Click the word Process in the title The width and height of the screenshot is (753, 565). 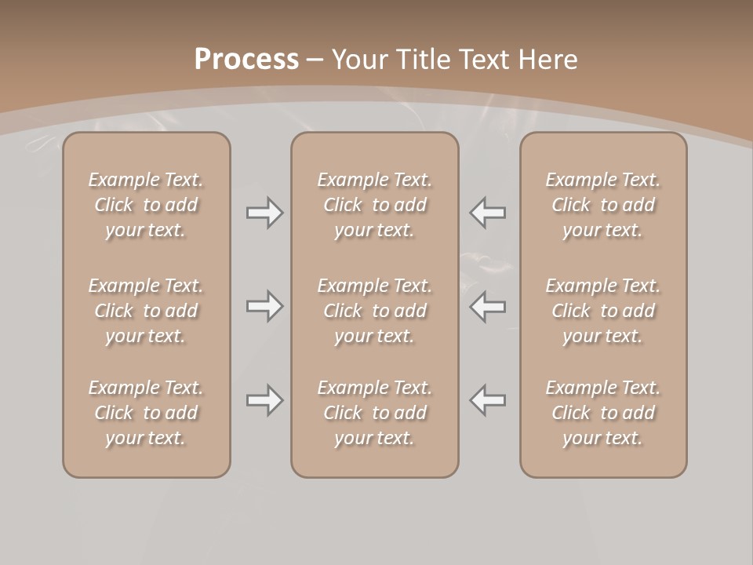[x=246, y=60]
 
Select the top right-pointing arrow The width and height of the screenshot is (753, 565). [x=264, y=213]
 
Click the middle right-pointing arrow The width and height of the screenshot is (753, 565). [x=264, y=306]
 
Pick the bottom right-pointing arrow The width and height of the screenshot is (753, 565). [x=264, y=400]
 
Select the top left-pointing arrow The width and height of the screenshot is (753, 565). [x=488, y=213]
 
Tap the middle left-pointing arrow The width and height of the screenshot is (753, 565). [x=488, y=306]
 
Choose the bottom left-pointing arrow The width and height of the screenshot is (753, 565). [x=488, y=400]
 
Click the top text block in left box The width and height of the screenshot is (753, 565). [x=146, y=205]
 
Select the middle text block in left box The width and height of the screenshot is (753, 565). [x=146, y=311]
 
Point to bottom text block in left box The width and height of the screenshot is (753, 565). [x=146, y=413]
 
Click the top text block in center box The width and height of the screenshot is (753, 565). [x=374, y=205]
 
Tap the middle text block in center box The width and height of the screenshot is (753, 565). [x=374, y=311]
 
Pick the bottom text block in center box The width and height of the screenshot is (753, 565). [x=374, y=413]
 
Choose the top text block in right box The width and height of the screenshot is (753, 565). [x=602, y=205]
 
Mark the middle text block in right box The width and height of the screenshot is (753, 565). [x=602, y=311]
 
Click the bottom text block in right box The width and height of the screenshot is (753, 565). [x=602, y=413]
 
